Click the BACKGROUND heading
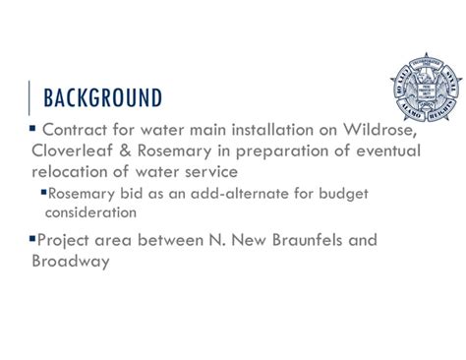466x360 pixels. pyautogui.click(x=103, y=97)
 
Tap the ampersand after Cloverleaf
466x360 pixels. pyautogui.click(x=136, y=150)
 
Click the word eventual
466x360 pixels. pyautogui.click(x=386, y=150)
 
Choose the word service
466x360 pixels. pyautogui.click(x=236, y=170)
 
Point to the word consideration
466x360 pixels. pyautogui.click(x=90, y=211)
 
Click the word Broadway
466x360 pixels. pyautogui.click(x=70, y=261)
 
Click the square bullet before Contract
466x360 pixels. pyautogui.click(x=32, y=129)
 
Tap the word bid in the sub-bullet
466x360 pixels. pyautogui.click(x=131, y=193)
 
